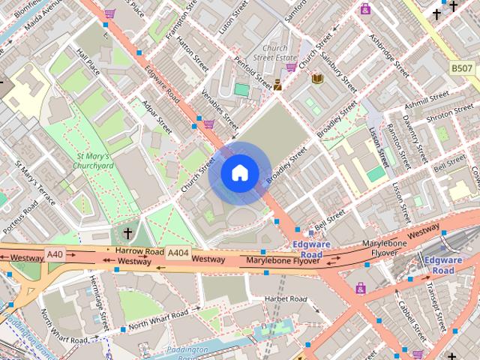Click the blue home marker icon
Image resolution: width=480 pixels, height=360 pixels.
point(239,173)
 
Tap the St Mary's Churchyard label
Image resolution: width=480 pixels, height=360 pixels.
point(94,160)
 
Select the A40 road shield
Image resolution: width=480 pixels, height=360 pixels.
point(55,255)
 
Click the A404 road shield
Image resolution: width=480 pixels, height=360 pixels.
point(178,253)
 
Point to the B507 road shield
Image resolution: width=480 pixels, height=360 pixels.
point(461,68)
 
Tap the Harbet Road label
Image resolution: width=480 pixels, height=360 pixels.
point(286,298)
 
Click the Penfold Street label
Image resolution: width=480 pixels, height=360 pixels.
point(253,68)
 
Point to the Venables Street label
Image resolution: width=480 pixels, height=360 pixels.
point(220,108)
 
